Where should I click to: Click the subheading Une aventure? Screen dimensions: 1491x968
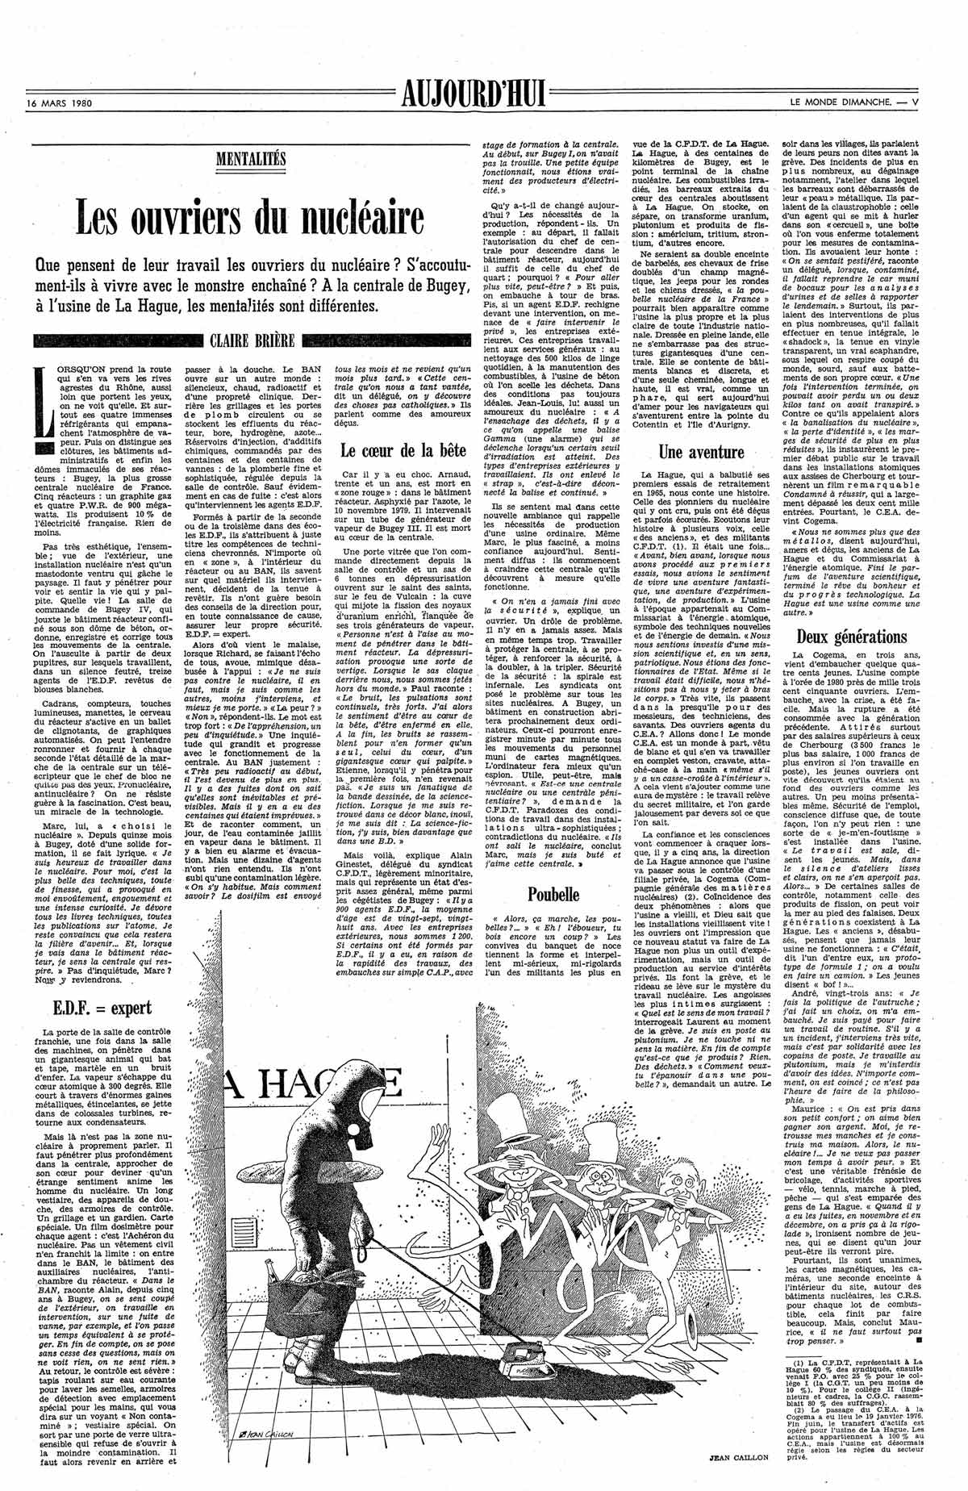pyautogui.click(x=700, y=450)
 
